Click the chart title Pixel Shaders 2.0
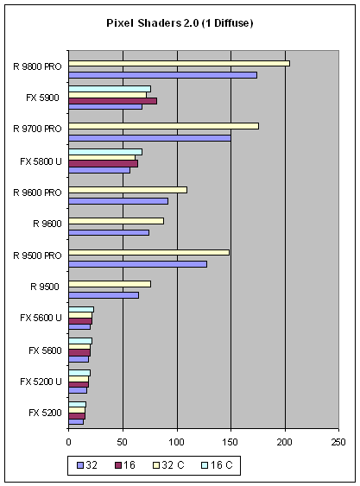pyautogui.click(x=152, y=23)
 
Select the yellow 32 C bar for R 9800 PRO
pyautogui.click(x=180, y=64)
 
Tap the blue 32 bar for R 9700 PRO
pyautogui.click(x=149, y=138)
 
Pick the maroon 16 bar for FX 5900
pyautogui.click(x=113, y=101)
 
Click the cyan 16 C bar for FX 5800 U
pyautogui.click(x=105, y=152)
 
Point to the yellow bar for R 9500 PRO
pyautogui.click(x=149, y=253)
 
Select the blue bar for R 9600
pyautogui.click(x=109, y=233)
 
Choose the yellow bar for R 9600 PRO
pyautogui.click(x=128, y=190)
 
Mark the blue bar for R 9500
pyautogui.click(x=104, y=295)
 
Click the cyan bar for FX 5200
pyautogui.click(x=77, y=405)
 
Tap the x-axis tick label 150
pyautogui.click(x=231, y=442)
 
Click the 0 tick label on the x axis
pyautogui.click(x=68, y=442)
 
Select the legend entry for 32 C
pyautogui.click(x=168, y=465)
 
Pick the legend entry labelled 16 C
pyautogui.click(x=217, y=465)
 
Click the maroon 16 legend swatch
pyautogui.click(x=118, y=465)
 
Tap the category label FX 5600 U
pyautogui.click(x=41, y=318)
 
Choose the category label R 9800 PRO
pyautogui.click(x=37, y=67)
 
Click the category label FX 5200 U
pyautogui.click(x=41, y=382)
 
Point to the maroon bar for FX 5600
pyautogui.click(x=79, y=353)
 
